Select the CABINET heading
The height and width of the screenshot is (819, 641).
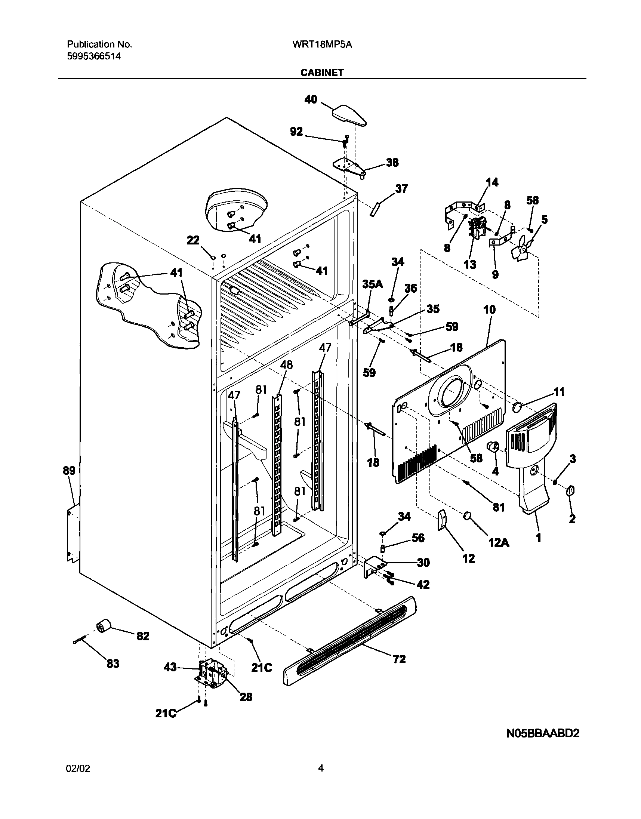[322, 73]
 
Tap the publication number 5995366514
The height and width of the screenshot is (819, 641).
[94, 57]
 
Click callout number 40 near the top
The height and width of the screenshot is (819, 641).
[310, 99]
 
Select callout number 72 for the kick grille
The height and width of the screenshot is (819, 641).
[399, 659]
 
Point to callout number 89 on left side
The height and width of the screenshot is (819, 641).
[69, 471]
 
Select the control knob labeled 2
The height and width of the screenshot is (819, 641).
[570, 490]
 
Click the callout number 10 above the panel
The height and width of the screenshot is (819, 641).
[489, 310]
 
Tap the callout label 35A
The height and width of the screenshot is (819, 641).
[372, 284]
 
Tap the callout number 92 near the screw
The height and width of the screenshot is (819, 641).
[296, 131]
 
